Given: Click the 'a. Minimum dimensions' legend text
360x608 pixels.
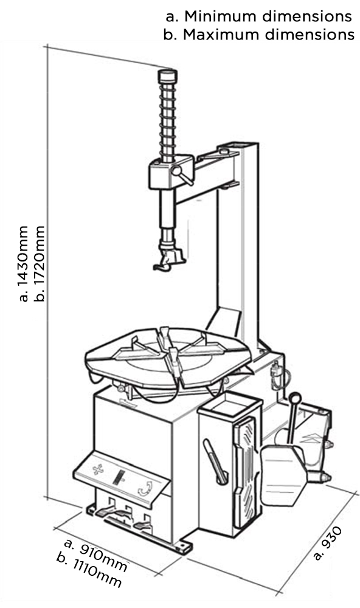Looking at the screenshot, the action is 259,16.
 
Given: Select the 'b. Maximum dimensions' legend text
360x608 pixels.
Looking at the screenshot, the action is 259,35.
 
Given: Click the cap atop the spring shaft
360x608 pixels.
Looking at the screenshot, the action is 168,75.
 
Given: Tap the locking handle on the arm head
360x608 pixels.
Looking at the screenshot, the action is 182,175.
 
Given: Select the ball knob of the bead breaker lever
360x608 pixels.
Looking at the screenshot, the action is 294,398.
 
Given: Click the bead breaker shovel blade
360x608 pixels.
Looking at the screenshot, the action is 281,475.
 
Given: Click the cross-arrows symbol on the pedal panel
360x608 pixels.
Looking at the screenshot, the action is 98,470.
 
